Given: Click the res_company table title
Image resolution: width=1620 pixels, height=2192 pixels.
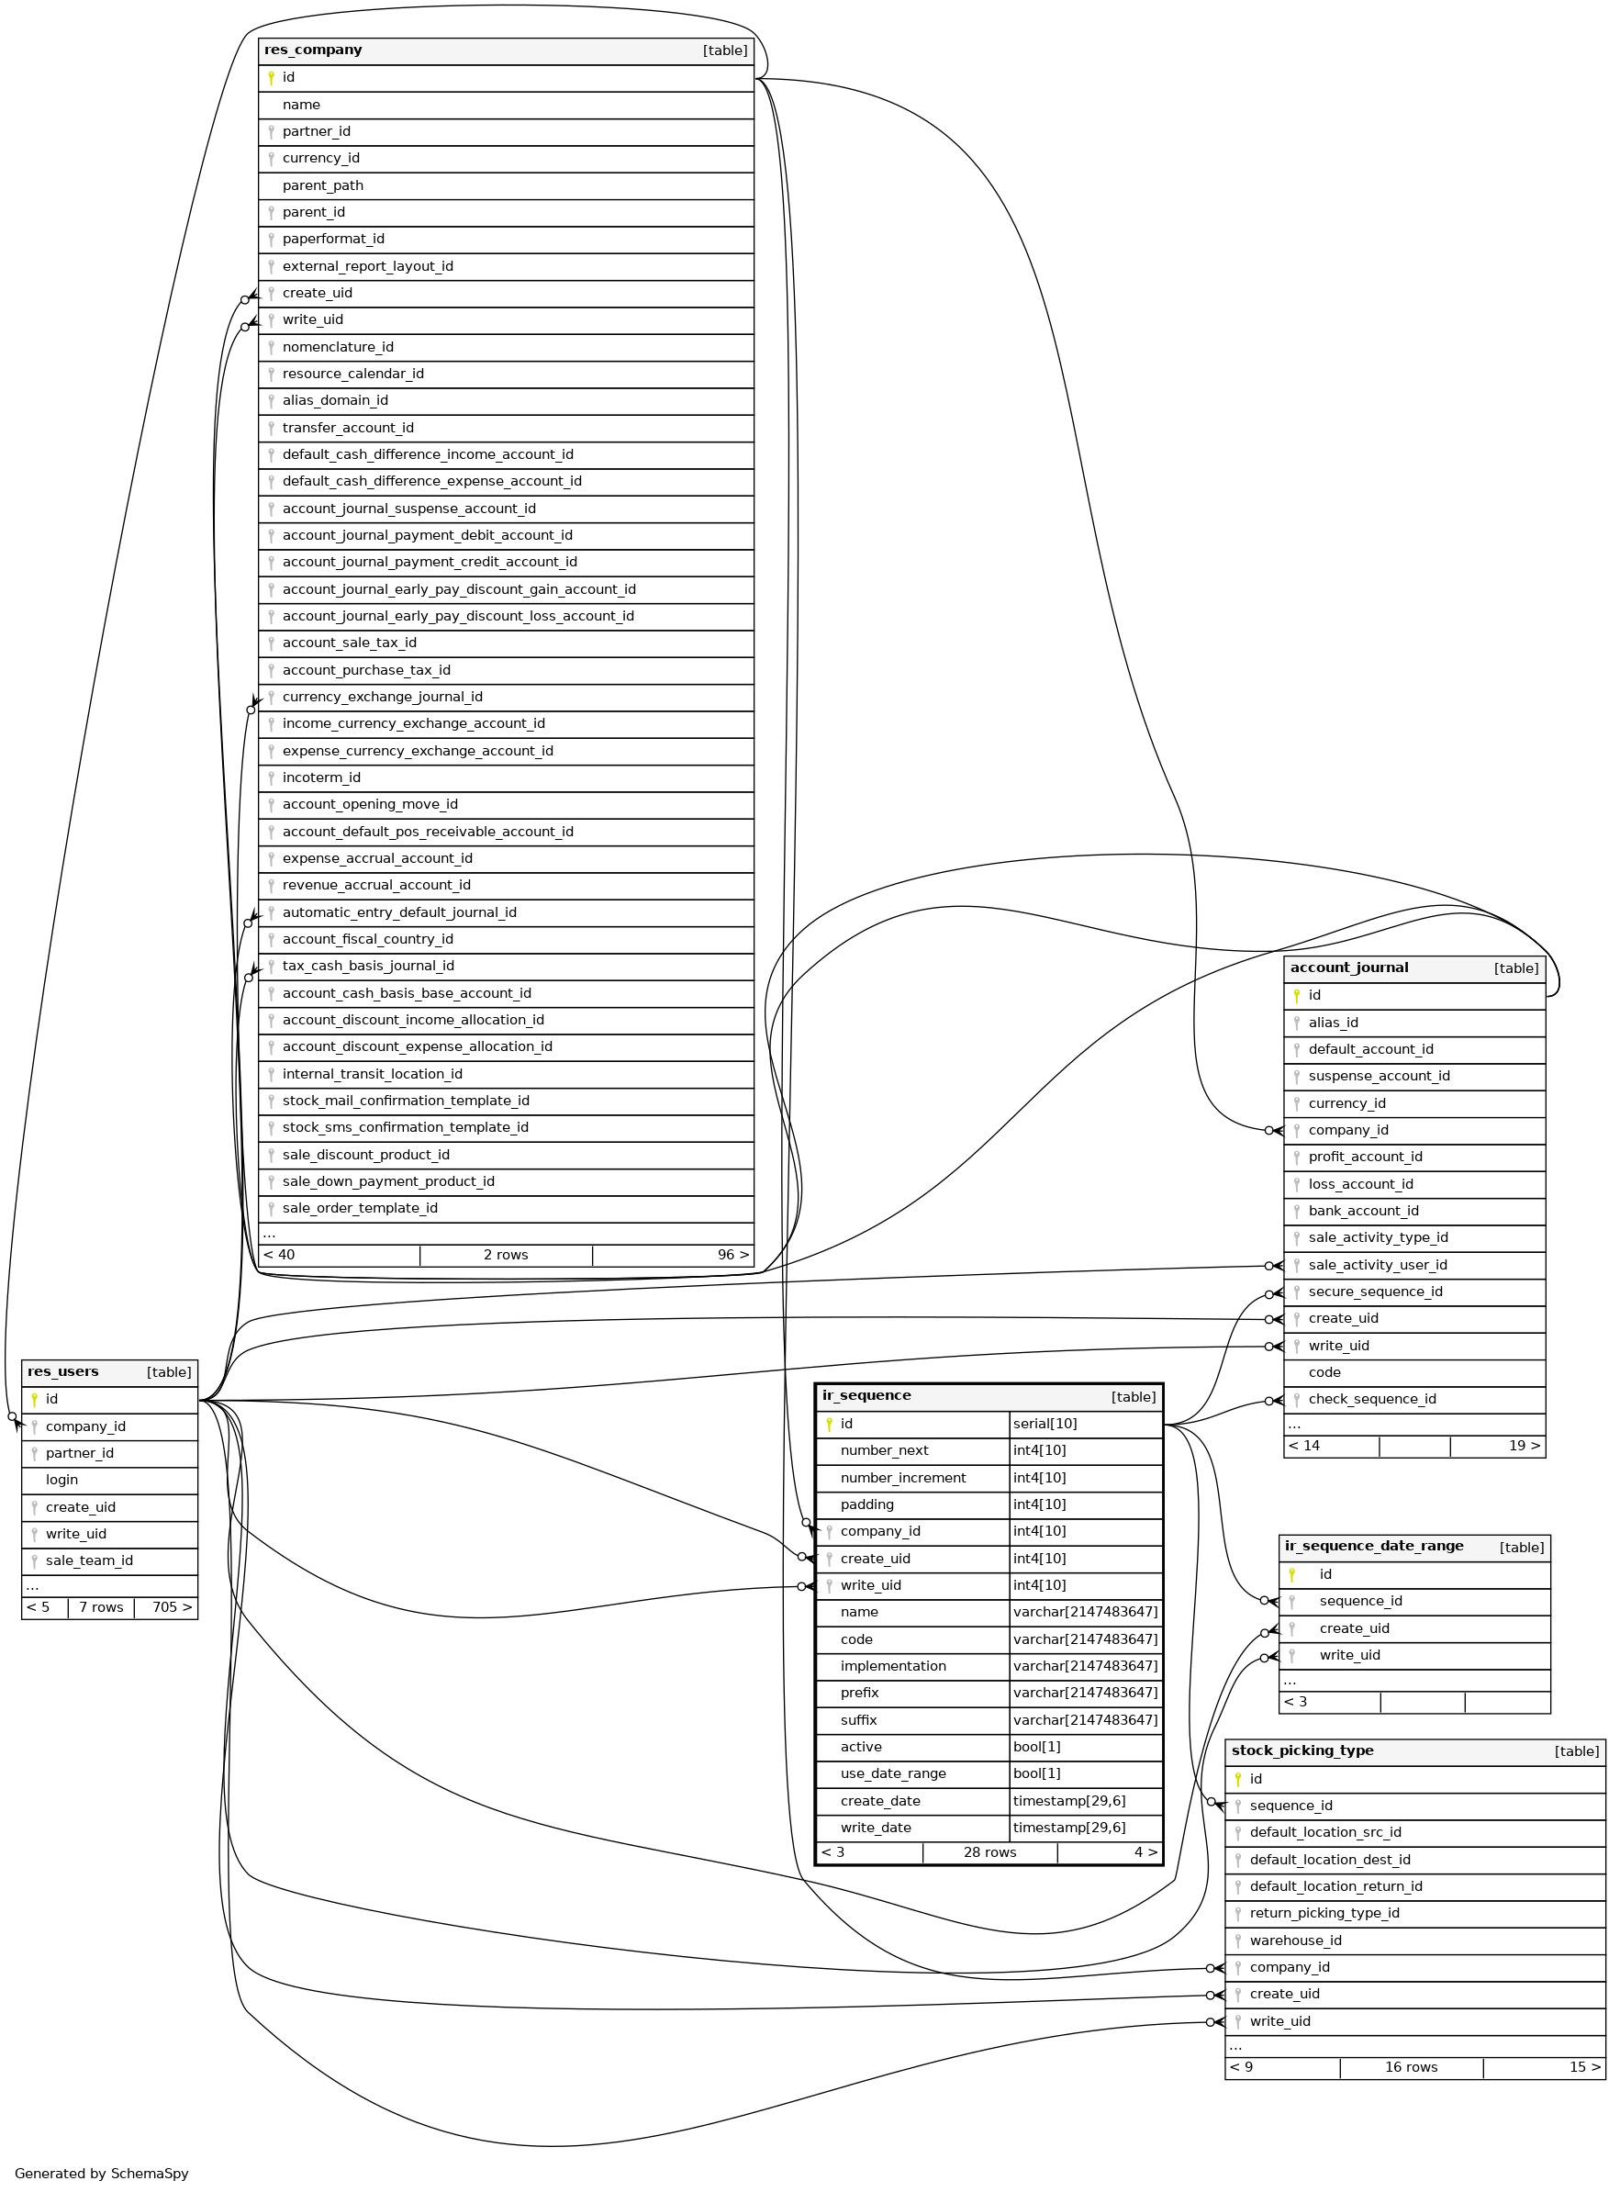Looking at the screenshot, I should pyautogui.click(x=313, y=50).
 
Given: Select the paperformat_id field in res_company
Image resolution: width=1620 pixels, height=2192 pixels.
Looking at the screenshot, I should pyautogui.click(x=332, y=240).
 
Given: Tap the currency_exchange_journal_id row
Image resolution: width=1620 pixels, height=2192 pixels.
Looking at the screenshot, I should pyautogui.click(x=382, y=698).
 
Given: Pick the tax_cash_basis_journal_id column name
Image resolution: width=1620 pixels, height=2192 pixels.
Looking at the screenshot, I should pyautogui.click(x=368, y=966).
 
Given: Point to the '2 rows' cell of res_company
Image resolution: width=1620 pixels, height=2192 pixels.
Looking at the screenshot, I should pyautogui.click(x=505, y=1256).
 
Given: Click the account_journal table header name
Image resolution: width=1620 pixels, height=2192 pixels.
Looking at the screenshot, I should pyautogui.click(x=1348, y=968).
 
